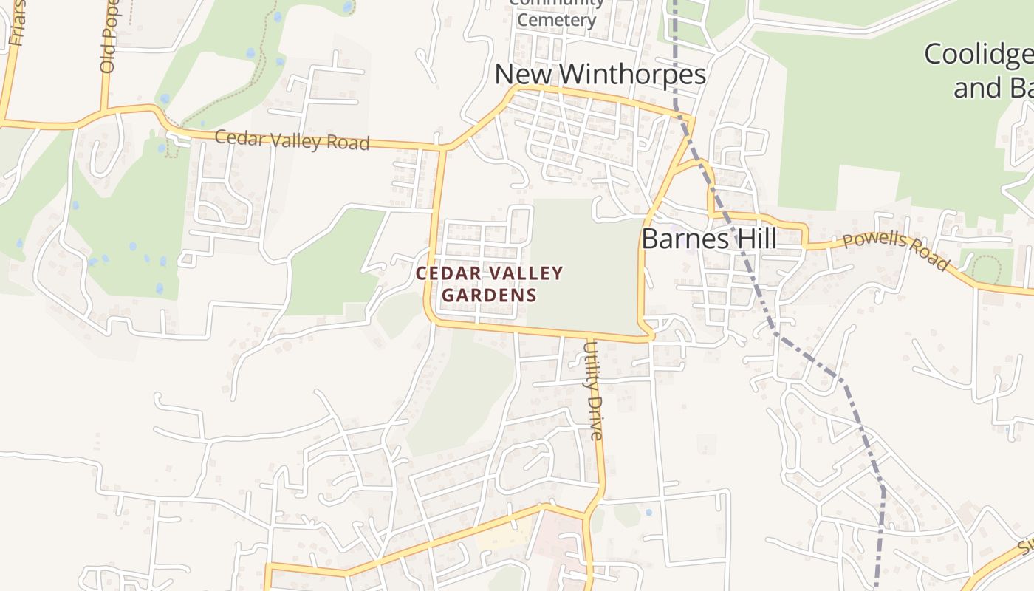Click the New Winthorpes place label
[600, 75]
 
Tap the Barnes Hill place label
[709, 239]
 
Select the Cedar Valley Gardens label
[489, 284]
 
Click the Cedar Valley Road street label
[292, 140]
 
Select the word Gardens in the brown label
[489, 295]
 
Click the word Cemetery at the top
[556, 20]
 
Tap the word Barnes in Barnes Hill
[682, 239]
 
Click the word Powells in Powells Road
[872, 243]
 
